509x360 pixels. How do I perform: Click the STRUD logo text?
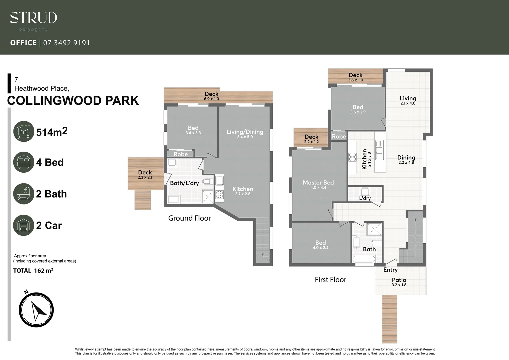click(x=33, y=18)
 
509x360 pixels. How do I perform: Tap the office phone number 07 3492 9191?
click(x=66, y=43)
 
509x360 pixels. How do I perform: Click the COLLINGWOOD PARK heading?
click(x=73, y=101)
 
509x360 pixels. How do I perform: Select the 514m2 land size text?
click(x=52, y=132)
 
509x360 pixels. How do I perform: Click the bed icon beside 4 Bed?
click(x=24, y=162)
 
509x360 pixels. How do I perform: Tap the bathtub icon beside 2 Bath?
click(x=24, y=194)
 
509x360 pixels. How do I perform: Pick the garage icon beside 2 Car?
click(x=24, y=225)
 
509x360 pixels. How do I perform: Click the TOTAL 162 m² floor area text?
click(x=33, y=271)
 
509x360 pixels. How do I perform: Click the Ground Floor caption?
click(x=189, y=218)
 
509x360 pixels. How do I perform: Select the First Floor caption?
click(x=330, y=280)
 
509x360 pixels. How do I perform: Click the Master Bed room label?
click(x=318, y=183)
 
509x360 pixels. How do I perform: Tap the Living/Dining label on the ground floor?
click(x=245, y=132)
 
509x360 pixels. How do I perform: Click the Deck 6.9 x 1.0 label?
click(x=211, y=96)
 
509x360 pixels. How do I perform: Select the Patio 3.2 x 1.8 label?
click(x=399, y=282)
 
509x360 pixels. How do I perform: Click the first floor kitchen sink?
click(x=379, y=150)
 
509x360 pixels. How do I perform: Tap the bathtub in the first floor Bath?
click(x=363, y=260)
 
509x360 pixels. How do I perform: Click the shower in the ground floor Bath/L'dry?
click(x=208, y=197)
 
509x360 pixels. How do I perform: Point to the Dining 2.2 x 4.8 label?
click(x=406, y=160)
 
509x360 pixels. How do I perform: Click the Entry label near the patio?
click(x=390, y=270)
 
